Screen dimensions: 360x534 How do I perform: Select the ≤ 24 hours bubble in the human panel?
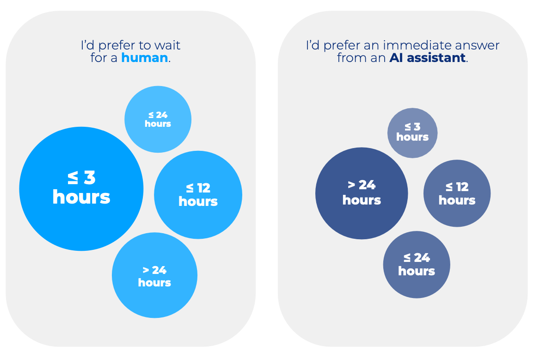pyautogui.click(x=158, y=119)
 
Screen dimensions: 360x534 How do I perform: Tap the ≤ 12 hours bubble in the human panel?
pyautogui.click(x=198, y=195)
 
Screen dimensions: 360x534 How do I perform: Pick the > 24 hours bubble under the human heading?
pyautogui.click(x=154, y=276)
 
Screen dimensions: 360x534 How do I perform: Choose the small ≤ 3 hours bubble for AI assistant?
pyautogui.click(x=412, y=133)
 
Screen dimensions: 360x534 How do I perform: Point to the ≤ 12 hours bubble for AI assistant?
pyautogui.click(x=457, y=193)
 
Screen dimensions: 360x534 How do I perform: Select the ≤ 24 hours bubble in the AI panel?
pyautogui.click(x=417, y=264)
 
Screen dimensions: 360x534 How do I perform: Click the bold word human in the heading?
pyautogui.click(x=144, y=58)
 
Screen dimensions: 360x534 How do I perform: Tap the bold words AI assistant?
pyautogui.click(x=427, y=58)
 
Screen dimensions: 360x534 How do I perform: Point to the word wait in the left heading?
pyautogui.click(x=167, y=45)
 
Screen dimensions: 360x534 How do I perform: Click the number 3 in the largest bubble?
pyautogui.click(x=90, y=177)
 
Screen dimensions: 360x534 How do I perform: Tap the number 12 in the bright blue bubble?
pyautogui.click(x=203, y=188)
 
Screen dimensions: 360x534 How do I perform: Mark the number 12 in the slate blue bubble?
pyautogui.click(x=461, y=187)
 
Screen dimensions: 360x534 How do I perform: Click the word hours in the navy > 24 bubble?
pyautogui.click(x=362, y=200)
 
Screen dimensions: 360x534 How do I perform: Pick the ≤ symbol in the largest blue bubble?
pyautogui.click(x=73, y=177)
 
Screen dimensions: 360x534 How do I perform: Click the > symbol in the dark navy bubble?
pyautogui.click(x=351, y=185)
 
